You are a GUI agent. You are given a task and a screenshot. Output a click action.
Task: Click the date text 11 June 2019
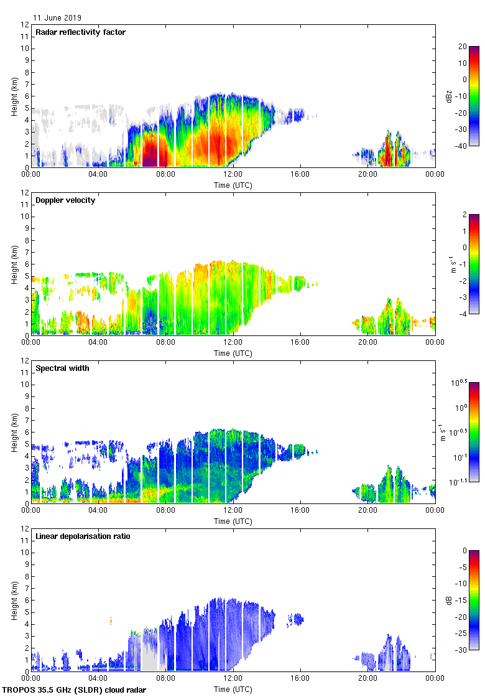tap(57, 18)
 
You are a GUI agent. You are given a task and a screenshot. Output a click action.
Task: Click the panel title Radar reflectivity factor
tap(80, 32)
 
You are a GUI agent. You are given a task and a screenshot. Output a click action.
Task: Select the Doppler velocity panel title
tap(65, 200)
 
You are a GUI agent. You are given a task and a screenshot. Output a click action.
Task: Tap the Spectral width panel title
tap(62, 368)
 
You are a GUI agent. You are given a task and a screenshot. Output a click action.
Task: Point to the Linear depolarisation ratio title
tap(83, 536)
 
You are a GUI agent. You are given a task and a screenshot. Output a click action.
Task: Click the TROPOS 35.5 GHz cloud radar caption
tap(75, 690)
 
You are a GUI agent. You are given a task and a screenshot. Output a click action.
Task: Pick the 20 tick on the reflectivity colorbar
tap(463, 46)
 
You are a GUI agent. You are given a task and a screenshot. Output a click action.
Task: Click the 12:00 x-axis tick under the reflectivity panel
tap(233, 175)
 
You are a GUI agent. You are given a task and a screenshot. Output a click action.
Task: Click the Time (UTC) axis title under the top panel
tap(233, 185)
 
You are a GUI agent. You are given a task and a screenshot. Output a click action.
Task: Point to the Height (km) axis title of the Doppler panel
tap(14, 264)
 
